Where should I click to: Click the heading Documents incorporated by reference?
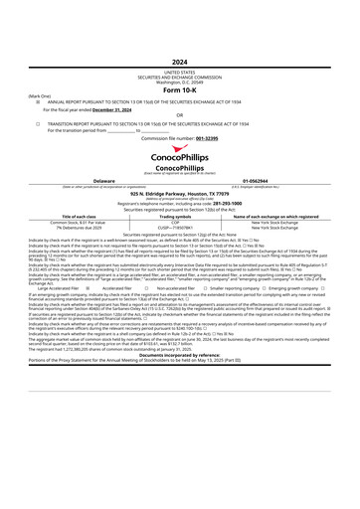tap(180, 381)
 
